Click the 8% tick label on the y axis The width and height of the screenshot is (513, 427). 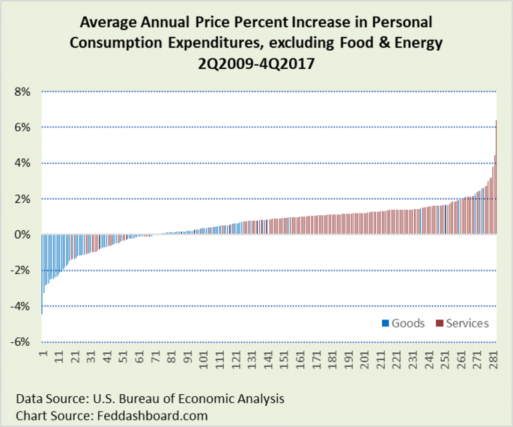(22, 92)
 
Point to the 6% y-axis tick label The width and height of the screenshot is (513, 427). (22, 127)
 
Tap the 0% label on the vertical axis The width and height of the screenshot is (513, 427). (22, 235)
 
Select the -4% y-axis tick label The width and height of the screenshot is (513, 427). (20, 306)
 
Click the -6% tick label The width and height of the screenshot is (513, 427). (20, 341)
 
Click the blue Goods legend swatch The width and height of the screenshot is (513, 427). (385, 324)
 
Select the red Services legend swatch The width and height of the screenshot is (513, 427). (439, 324)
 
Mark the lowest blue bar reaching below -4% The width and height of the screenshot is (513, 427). (42, 274)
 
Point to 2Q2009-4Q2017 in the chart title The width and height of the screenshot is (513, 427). (256, 62)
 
